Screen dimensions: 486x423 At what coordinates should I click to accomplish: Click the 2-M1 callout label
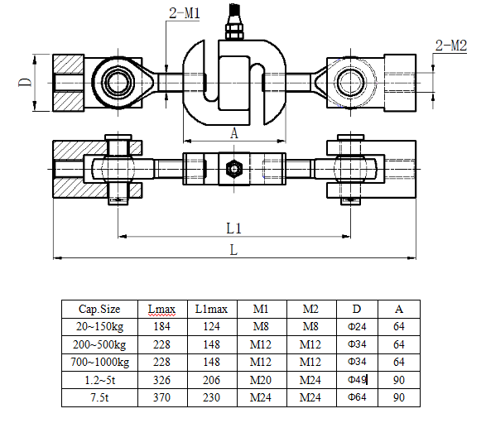[185, 13]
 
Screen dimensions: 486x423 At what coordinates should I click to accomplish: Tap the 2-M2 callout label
[451, 46]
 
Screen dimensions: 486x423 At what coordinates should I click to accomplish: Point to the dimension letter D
[25, 82]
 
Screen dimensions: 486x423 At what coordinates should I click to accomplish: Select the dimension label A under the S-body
[234, 133]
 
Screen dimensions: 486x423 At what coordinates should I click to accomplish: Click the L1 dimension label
[233, 228]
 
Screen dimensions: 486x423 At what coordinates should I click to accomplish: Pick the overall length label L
[233, 250]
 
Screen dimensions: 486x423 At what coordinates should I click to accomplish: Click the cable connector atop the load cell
[234, 22]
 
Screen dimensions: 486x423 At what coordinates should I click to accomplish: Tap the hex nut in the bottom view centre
[234, 169]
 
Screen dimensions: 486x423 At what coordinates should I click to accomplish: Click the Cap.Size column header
[99, 309]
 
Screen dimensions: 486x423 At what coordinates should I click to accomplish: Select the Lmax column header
[161, 309]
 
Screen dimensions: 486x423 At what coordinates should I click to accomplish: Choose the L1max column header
[211, 309]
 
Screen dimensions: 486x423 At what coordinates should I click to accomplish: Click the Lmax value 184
[161, 326]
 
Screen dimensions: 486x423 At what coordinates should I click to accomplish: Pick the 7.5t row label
[99, 397]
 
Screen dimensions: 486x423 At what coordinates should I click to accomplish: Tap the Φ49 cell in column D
[357, 380]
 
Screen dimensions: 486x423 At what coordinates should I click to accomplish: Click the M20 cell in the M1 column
[260, 380]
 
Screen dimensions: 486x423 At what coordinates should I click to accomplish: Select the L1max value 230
[211, 397]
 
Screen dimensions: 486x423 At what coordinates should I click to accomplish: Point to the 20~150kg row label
[99, 327]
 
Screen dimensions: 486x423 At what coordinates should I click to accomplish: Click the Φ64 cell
[357, 397]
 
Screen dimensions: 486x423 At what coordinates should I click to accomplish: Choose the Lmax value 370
[161, 397]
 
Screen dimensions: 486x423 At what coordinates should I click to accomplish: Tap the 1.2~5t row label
[100, 380]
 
